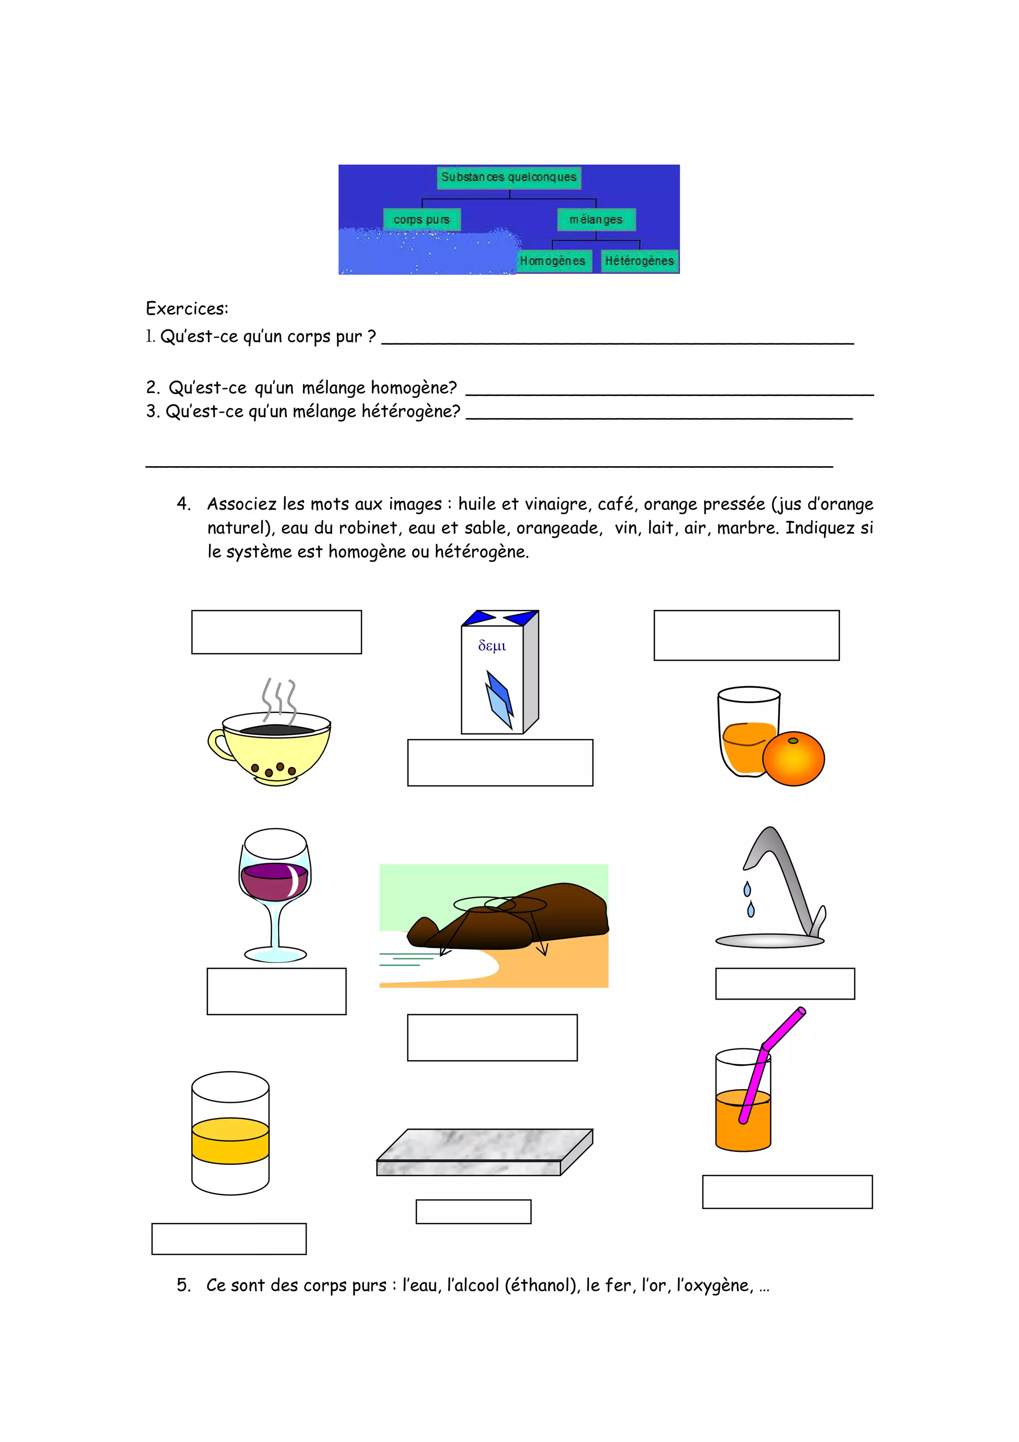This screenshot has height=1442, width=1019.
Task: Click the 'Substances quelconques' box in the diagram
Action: [509, 177]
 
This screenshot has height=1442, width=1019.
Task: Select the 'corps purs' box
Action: [422, 220]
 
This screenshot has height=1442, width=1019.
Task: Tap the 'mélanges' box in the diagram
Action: [596, 220]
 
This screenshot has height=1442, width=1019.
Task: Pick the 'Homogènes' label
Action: [552, 261]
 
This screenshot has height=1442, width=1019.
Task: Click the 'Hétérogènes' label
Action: [639, 261]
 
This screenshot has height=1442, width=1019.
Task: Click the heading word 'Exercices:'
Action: [187, 309]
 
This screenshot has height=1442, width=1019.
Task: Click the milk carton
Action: [499, 675]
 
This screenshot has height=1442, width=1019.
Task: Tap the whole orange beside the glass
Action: [793, 759]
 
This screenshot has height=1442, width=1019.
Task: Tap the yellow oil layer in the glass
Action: [230, 1140]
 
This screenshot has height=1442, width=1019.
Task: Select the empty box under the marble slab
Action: [473, 1212]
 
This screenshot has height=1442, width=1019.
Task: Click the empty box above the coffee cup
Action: [276, 632]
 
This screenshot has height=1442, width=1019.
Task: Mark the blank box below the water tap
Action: [785, 984]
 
